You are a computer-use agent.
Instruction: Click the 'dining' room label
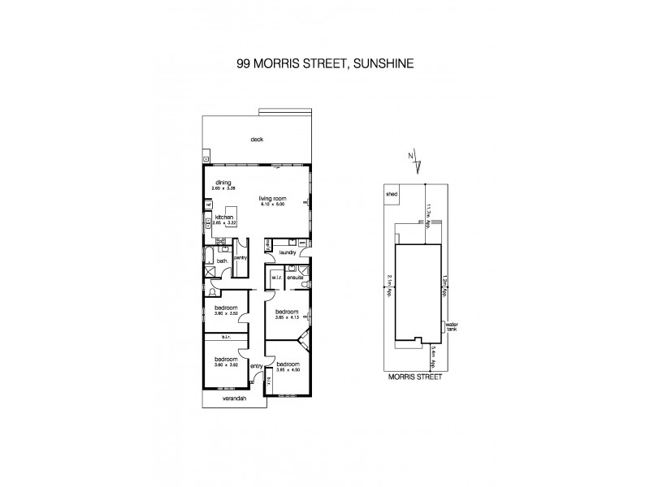tap(223, 183)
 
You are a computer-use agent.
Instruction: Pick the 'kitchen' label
tap(225, 217)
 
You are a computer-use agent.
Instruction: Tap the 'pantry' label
tap(240, 257)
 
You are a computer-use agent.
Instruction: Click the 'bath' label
tap(221, 261)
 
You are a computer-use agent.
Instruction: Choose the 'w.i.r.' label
tap(276, 278)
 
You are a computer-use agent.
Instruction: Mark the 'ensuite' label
tap(295, 278)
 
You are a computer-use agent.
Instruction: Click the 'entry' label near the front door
tap(257, 365)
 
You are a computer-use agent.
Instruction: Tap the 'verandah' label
tap(233, 400)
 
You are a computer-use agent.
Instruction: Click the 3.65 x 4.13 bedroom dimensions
tap(288, 317)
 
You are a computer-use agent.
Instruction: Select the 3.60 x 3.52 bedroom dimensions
tap(227, 312)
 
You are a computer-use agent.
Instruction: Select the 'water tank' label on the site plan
tap(452, 328)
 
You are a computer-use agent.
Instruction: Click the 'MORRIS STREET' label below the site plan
tap(414, 377)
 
